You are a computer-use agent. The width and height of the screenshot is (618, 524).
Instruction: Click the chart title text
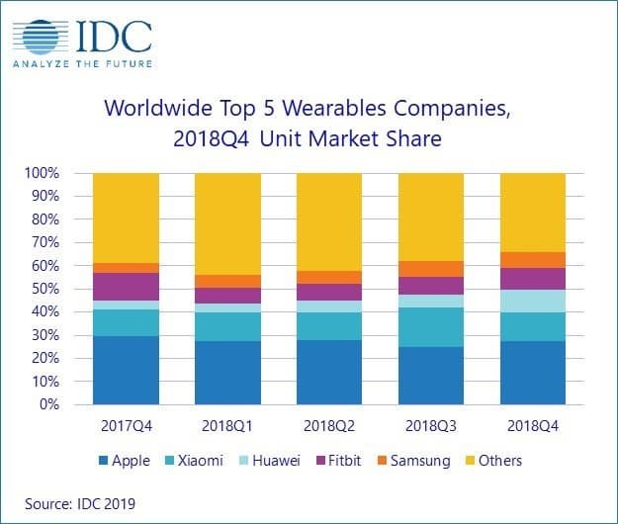[x=309, y=123]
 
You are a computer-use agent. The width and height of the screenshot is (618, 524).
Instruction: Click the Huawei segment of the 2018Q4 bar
[x=533, y=301]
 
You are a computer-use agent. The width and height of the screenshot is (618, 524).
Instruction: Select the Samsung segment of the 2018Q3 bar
[x=431, y=269]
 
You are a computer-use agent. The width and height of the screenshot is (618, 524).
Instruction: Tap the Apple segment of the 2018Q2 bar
[x=329, y=373]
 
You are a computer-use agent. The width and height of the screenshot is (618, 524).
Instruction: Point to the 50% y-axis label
[x=45, y=289]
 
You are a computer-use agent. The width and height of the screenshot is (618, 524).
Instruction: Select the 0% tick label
[x=49, y=405]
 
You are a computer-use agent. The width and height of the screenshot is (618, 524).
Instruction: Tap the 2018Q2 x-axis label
[x=329, y=426]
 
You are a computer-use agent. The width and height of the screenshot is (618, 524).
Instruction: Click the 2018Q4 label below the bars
[x=533, y=426]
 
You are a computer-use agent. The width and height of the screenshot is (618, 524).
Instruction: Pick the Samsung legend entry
[x=414, y=460]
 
